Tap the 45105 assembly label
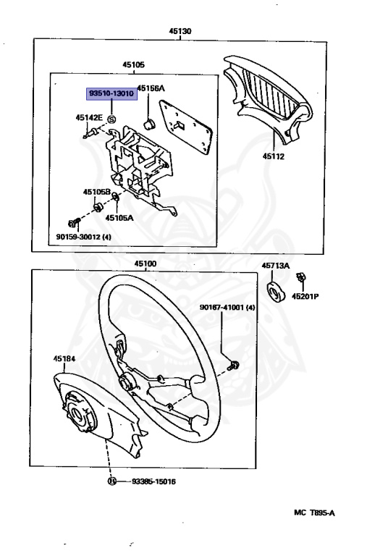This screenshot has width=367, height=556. point(132,65)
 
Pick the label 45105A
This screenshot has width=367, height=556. point(119,216)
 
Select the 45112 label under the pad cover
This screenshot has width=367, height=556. point(274,155)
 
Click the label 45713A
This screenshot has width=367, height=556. point(276,266)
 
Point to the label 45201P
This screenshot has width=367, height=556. point(305,295)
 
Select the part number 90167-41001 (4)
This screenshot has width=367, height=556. point(228,308)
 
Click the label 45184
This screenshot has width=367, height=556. point(63,357)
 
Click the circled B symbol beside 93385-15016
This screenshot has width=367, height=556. point(111,480)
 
